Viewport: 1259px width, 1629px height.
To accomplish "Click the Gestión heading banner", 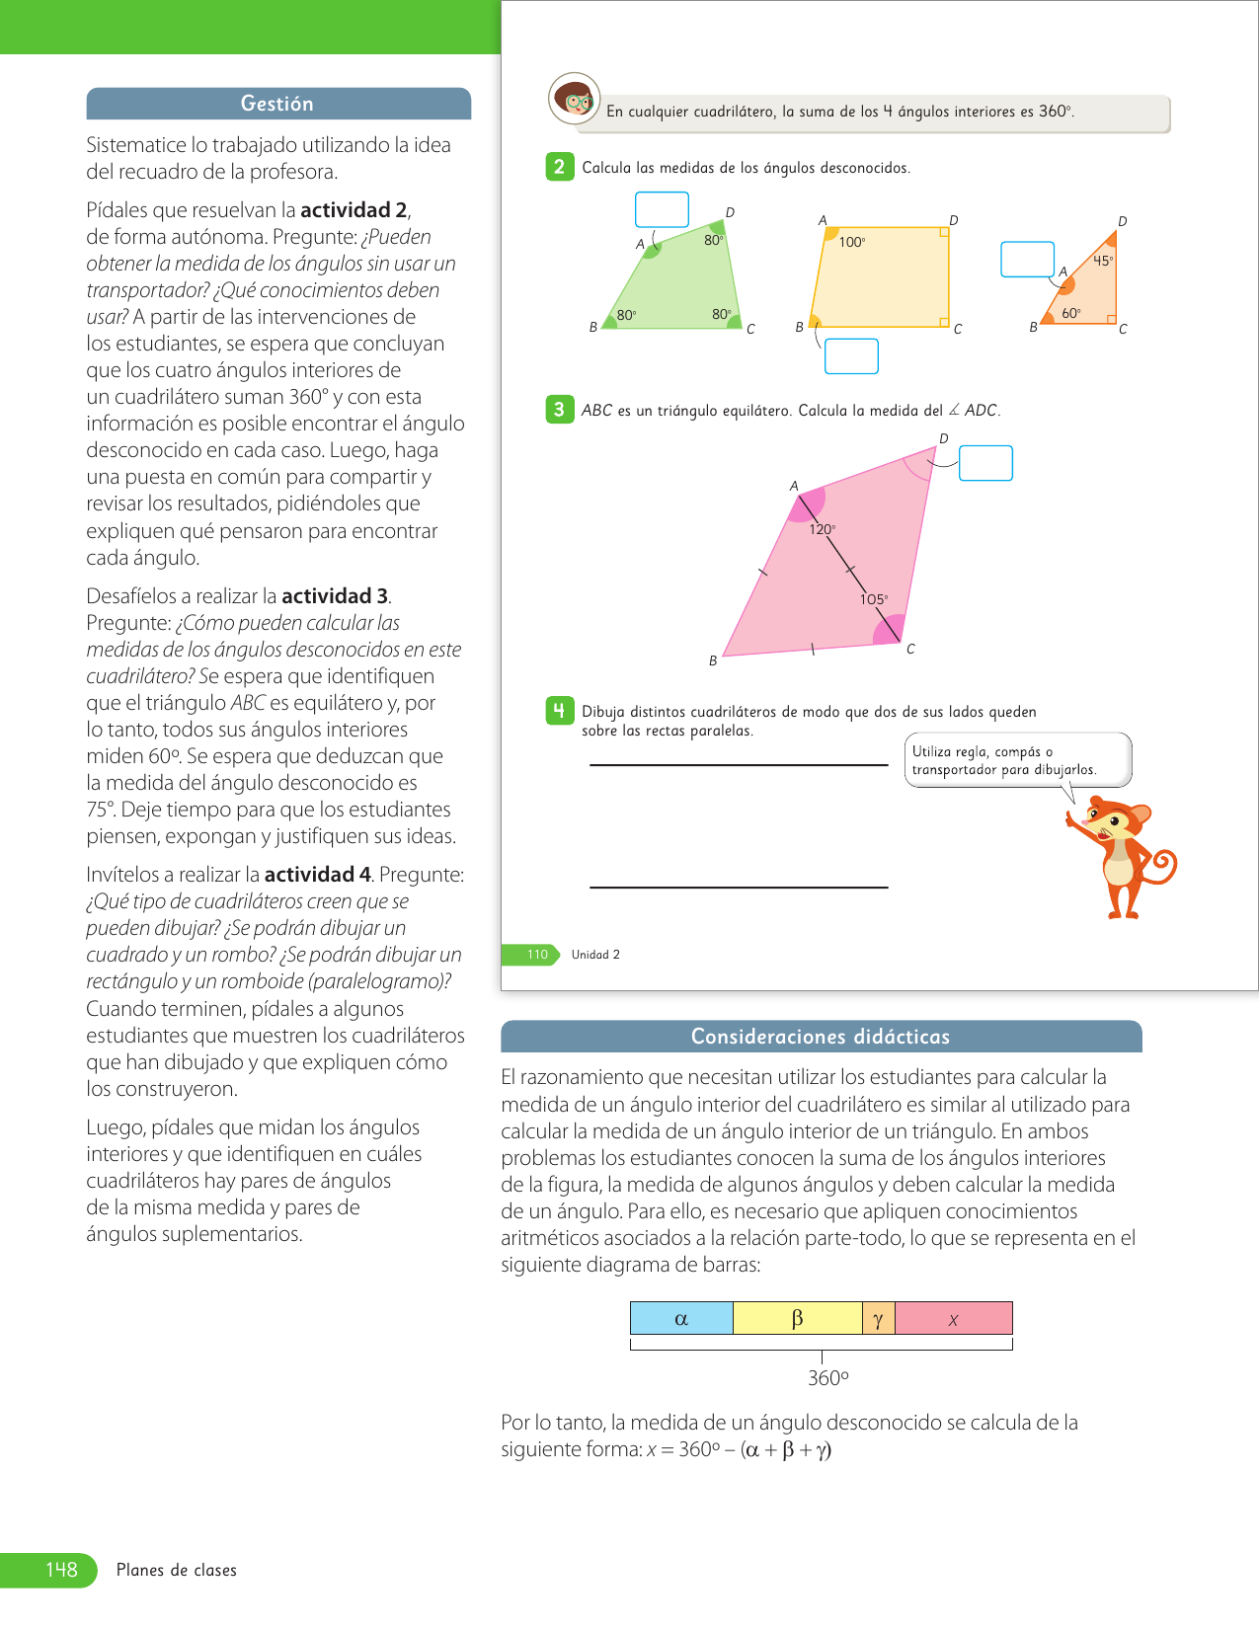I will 277,104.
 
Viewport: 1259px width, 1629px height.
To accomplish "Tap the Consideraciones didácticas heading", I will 821,1037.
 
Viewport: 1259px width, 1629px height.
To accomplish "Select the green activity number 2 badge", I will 560,167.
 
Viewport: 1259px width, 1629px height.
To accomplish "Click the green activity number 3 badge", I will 560,410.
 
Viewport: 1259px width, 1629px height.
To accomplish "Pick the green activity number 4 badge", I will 560,711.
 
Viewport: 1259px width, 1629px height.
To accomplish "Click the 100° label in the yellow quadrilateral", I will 852,242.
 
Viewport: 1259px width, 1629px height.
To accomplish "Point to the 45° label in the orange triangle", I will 1103,262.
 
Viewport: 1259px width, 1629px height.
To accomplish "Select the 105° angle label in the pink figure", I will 874,599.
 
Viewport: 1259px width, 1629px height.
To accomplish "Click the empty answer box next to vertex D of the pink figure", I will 985,463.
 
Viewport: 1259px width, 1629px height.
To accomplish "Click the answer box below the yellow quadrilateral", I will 851,356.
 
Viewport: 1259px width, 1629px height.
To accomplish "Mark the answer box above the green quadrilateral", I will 662,209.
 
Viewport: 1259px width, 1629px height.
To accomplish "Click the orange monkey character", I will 1123,855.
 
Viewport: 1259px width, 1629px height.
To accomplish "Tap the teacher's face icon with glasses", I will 575,99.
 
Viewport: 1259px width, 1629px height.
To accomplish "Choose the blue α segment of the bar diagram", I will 681,1319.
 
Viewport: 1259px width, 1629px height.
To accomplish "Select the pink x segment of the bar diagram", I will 954,1319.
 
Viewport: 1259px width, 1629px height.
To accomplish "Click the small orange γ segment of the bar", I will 878,1319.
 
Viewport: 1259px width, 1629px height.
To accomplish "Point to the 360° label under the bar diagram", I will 827,1378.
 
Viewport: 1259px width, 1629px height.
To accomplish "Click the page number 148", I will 61,1570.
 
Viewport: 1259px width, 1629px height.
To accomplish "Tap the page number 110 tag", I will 536,955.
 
